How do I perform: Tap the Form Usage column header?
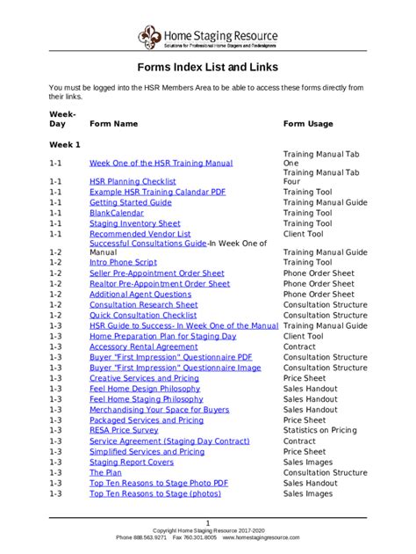(x=307, y=124)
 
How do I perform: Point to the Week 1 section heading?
(x=64, y=143)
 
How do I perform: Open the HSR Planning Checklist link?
(x=133, y=181)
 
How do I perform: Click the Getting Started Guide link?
(x=130, y=202)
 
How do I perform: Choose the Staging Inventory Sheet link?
(x=134, y=224)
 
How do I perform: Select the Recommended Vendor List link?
(x=140, y=235)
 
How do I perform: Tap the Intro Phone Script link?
(x=123, y=262)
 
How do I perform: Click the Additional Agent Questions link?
(x=140, y=295)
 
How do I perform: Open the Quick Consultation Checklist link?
(x=142, y=315)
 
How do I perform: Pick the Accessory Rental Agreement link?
(x=143, y=346)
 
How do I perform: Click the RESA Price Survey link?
(x=124, y=431)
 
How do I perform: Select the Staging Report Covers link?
(x=132, y=463)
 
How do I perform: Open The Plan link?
(x=104, y=473)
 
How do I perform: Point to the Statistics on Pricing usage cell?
(x=319, y=431)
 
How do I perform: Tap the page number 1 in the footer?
(x=208, y=522)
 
